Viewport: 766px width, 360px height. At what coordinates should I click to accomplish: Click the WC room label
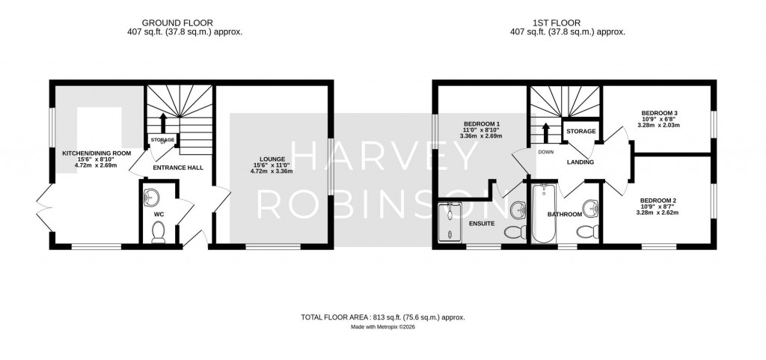[x=158, y=214]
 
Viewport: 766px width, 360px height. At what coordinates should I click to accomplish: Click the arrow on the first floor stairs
[x=546, y=131]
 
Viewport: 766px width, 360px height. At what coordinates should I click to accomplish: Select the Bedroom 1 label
[x=482, y=123]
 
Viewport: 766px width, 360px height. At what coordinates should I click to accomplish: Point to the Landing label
[x=580, y=162]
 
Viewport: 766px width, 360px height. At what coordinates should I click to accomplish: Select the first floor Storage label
[x=581, y=132]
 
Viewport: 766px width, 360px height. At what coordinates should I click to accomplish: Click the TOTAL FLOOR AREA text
[x=382, y=317]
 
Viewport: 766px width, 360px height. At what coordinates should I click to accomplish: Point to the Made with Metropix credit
[x=382, y=327]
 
